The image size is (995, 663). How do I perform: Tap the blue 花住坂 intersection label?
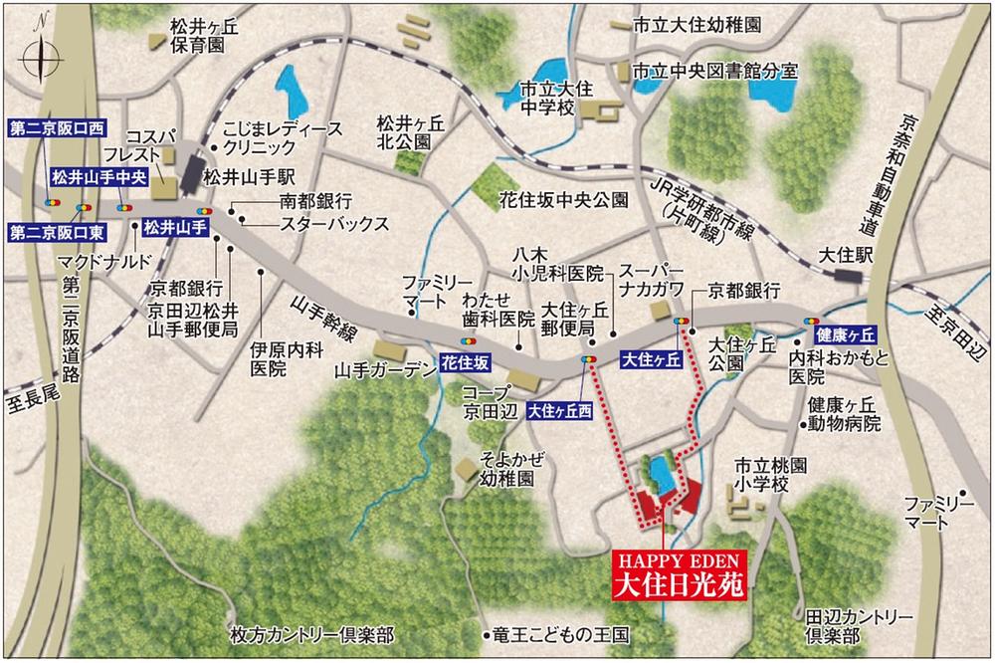(465, 364)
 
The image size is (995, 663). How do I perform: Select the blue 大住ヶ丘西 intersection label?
(560, 409)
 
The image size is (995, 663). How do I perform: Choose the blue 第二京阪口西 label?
(57, 128)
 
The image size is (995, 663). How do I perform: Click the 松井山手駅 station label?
(246, 177)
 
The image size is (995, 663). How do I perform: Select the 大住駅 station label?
(848, 255)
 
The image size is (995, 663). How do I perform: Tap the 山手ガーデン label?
(385, 371)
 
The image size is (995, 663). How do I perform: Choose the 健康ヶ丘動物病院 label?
(845, 413)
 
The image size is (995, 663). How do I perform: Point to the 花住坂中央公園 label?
(567, 199)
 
